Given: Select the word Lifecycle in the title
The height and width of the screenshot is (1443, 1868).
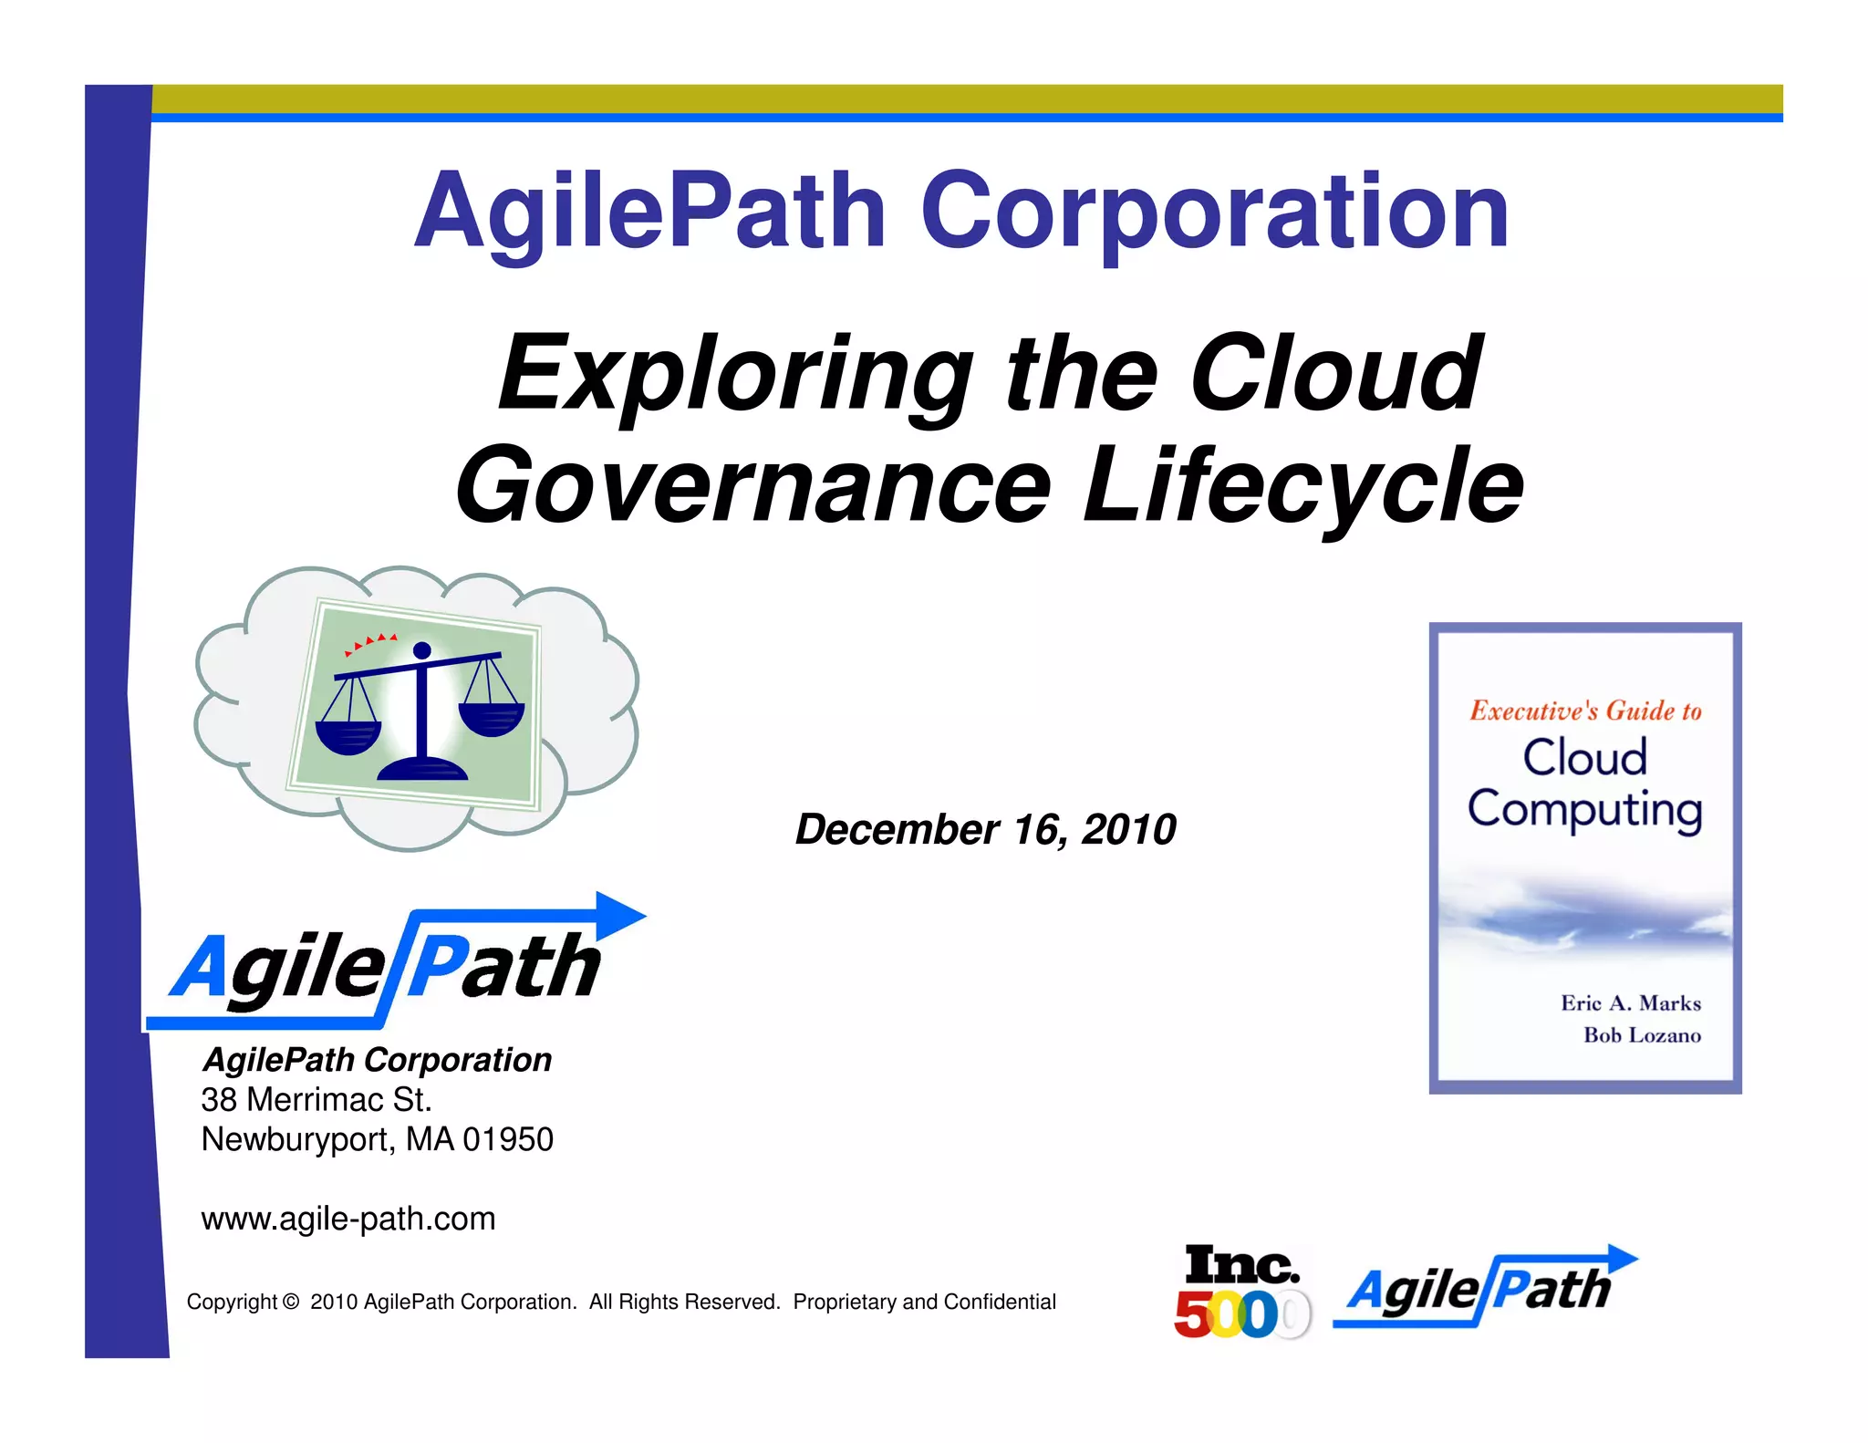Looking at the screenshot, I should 1303,486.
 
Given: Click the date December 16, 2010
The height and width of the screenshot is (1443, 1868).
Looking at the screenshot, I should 985,829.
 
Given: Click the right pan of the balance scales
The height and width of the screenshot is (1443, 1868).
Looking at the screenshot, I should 492,717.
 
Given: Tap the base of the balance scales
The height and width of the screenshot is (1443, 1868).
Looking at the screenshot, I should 421,768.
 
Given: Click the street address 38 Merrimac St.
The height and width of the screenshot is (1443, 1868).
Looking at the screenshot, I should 317,1100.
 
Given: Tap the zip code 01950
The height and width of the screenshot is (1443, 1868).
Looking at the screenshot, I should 508,1140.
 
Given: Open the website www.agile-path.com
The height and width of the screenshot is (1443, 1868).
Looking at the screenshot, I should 348,1219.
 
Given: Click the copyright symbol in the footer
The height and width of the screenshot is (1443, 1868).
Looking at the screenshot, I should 291,1303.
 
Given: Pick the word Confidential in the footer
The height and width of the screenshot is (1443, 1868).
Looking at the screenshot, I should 1000,1303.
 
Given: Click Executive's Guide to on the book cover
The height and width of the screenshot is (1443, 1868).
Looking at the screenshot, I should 1585,711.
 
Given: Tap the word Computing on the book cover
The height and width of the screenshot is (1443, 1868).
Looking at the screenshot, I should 1585,809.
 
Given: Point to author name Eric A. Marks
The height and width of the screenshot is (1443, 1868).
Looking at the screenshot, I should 1631,1003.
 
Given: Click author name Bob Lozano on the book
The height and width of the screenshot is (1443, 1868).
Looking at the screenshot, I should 1642,1035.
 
